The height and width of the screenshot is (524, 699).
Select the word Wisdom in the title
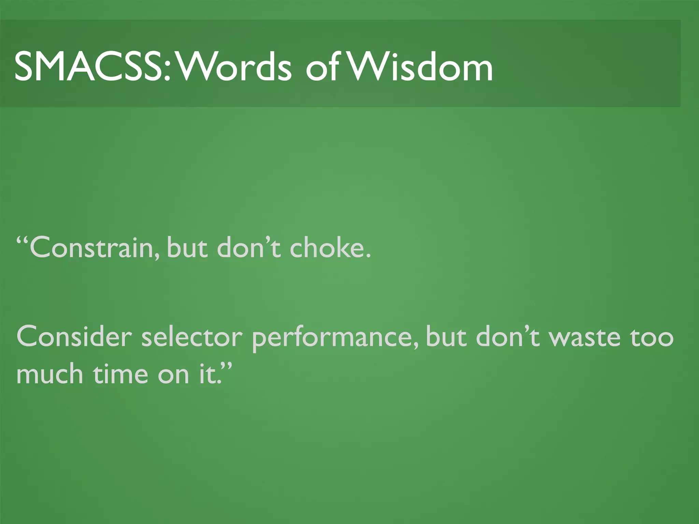(422, 67)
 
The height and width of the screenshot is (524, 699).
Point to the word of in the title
(323, 67)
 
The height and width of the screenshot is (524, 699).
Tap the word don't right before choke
(249, 247)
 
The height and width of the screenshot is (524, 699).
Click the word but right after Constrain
(187, 247)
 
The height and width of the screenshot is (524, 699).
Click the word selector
(192, 337)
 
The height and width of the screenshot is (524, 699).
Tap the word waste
(585, 337)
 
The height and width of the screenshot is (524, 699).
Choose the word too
(652, 337)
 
